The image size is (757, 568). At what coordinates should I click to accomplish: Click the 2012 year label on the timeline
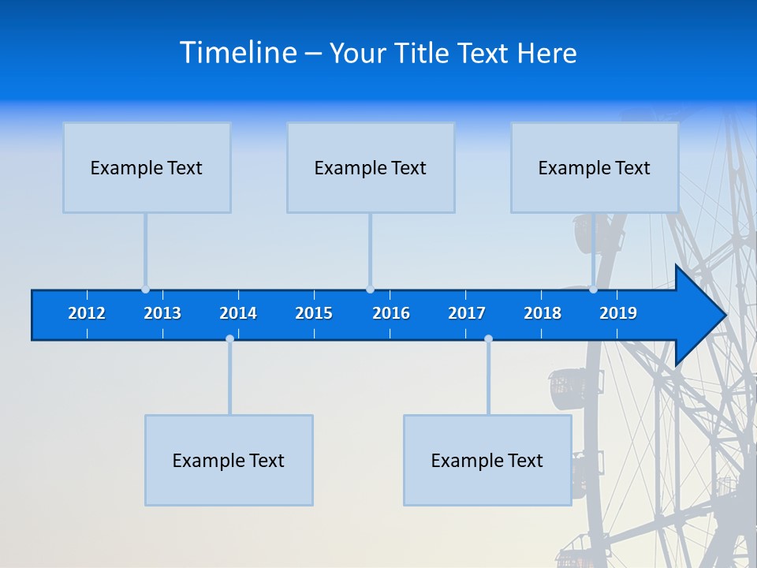[x=87, y=313]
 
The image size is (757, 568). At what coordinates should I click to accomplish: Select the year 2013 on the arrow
[x=162, y=313]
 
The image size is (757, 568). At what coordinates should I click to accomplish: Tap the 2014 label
[x=238, y=313]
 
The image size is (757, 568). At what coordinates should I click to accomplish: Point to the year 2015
[x=314, y=313]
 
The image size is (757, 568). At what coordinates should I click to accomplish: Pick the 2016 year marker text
[x=391, y=313]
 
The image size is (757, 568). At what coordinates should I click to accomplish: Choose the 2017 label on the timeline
[x=467, y=313]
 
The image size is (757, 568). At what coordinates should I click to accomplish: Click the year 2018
[x=543, y=313]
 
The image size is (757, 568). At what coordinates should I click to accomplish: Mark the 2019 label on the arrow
[x=618, y=313]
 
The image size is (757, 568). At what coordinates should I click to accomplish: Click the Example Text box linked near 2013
[x=147, y=167]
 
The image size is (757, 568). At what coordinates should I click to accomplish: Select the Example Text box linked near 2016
[x=371, y=167]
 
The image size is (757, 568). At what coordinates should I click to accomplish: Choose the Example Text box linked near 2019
[x=595, y=167]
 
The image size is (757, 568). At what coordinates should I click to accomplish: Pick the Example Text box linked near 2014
[x=229, y=460]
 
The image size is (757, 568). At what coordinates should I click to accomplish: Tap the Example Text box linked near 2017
[x=487, y=460]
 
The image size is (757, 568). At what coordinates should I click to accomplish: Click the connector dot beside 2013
[x=145, y=290]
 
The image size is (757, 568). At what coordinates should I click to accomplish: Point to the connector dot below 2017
[x=488, y=339]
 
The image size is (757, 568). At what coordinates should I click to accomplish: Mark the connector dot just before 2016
[x=370, y=290]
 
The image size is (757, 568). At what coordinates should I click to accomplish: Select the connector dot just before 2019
[x=593, y=290]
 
